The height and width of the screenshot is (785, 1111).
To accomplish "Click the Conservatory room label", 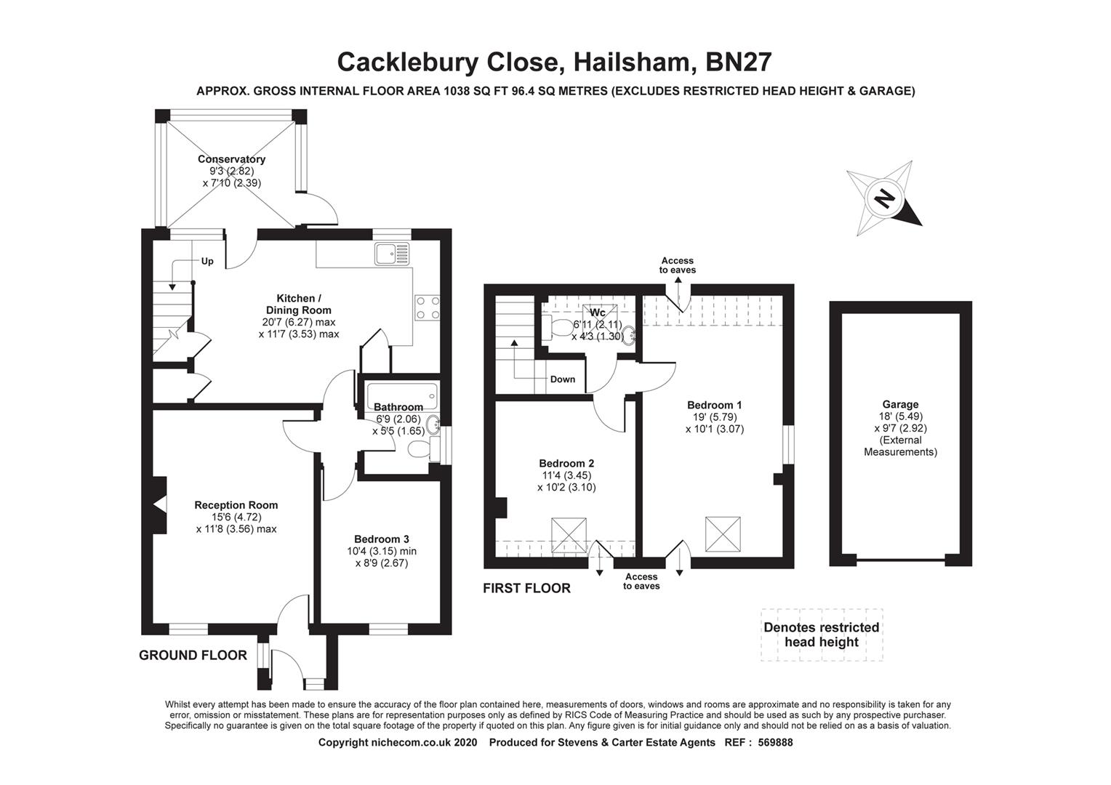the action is click(231, 159).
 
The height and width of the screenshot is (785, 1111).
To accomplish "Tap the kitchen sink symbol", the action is click(393, 254).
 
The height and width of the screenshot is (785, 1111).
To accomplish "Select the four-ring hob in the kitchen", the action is click(427, 307).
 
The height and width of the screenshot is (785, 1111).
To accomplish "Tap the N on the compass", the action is click(884, 198).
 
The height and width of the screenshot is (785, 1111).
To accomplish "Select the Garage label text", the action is click(900, 405).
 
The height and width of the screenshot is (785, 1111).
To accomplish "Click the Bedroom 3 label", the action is click(382, 539).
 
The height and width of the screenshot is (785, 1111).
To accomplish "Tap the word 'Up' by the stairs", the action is click(207, 262).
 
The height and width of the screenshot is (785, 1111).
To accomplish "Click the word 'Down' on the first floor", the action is click(562, 379).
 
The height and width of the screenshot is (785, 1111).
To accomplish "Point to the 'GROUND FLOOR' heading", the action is click(193, 655).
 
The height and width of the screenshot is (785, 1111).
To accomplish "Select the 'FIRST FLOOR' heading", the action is click(526, 588).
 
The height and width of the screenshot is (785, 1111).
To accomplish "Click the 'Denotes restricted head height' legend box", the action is click(822, 635).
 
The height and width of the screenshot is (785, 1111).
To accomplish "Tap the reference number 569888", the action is click(775, 743).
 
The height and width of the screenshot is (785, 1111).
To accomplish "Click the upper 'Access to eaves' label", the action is click(677, 265).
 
